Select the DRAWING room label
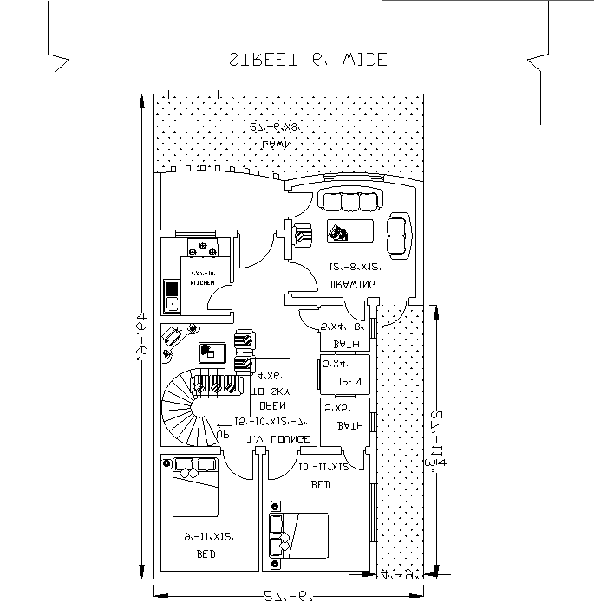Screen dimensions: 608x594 (351, 283)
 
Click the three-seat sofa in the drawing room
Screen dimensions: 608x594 (350, 201)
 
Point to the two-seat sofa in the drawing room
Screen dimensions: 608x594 (397, 234)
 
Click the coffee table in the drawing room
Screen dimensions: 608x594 (349, 231)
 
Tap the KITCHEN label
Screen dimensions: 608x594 (203, 283)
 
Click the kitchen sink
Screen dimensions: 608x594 (171, 294)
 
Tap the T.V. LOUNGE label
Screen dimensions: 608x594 (278, 439)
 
